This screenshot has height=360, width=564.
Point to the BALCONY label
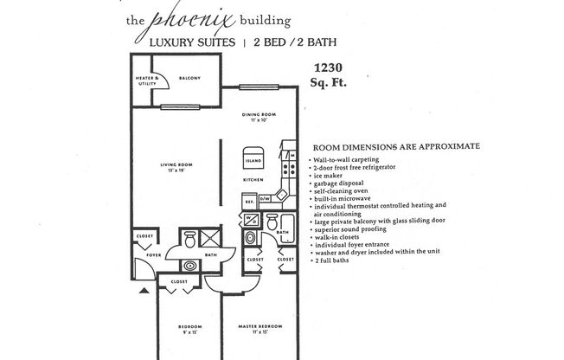pyautogui.click(x=189, y=79)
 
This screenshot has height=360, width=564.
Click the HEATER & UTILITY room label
pyautogui.click(x=149, y=80)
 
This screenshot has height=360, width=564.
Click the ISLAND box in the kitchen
pyautogui.click(x=253, y=160)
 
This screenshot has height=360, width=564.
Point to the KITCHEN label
pyautogui.click(x=253, y=180)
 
